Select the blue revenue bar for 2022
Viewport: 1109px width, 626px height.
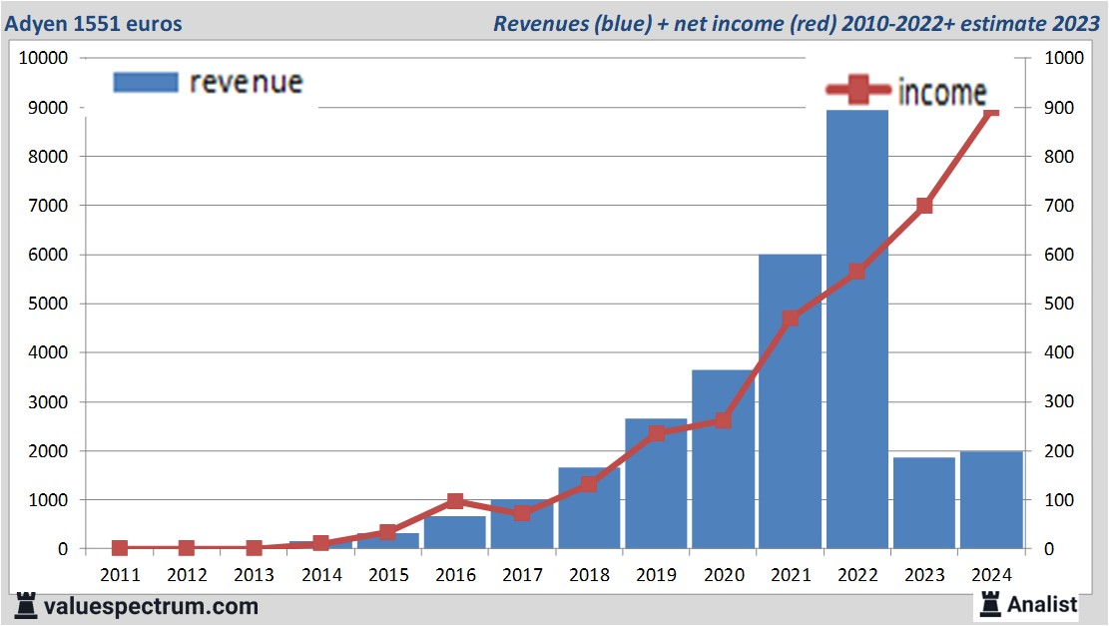point(856,329)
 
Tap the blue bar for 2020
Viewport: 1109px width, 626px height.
point(723,459)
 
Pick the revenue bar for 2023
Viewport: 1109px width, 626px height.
point(923,503)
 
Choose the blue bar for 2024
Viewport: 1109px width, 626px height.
point(990,500)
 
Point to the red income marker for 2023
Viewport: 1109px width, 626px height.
point(923,206)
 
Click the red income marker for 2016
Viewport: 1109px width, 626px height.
point(455,501)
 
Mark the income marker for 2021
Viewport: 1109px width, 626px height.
point(790,318)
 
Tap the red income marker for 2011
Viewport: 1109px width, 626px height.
point(120,548)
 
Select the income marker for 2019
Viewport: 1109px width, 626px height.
point(656,433)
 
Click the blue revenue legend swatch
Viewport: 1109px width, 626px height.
point(146,82)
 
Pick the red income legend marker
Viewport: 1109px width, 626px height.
point(857,93)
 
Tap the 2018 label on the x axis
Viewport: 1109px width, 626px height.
point(589,575)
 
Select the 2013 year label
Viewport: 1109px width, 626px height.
point(254,575)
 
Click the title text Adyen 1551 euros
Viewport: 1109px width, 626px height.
point(96,23)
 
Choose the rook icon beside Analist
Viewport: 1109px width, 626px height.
point(991,603)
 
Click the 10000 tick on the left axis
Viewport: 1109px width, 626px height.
point(43,58)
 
